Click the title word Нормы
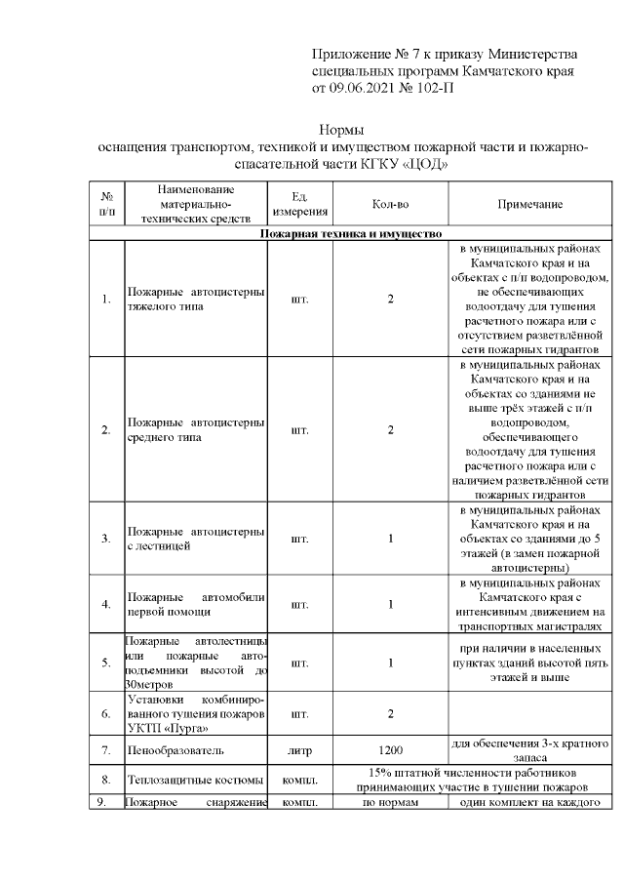pyautogui.click(x=342, y=130)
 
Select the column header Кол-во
pyautogui.click(x=390, y=203)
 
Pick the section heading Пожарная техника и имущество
pyautogui.click(x=351, y=234)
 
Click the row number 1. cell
pyautogui.click(x=105, y=299)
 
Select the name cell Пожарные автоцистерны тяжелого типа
pyautogui.click(x=196, y=299)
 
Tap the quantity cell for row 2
pyautogui.click(x=390, y=430)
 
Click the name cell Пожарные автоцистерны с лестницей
pyautogui.click(x=196, y=539)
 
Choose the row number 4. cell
pyautogui.click(x=105, y=604)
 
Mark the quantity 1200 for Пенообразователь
pyautogui.click(x=390, y=750)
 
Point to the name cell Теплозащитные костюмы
pyautogui.click(x=196, y=780)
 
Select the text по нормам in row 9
pyautogui.click(x=390, y=803)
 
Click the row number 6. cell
pyautogui.click(x=105, y=713)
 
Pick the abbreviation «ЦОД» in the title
pyautogui.click(x=424, y=164)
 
